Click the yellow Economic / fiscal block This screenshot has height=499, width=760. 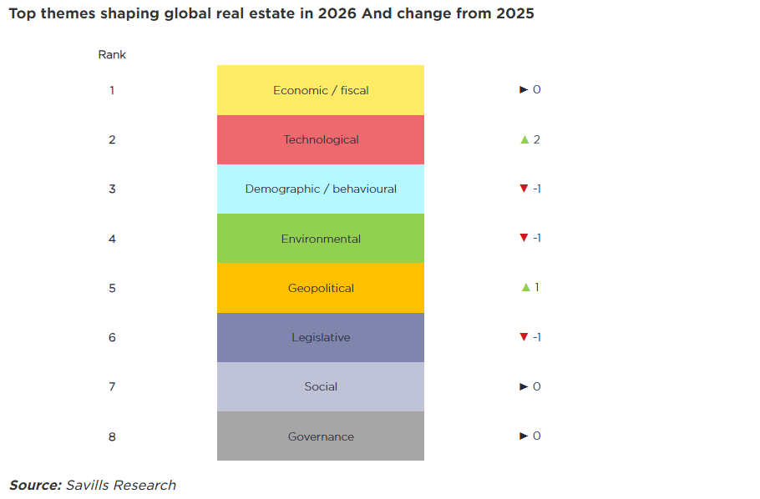tap(321, 90)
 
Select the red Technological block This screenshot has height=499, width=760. tap(321, 139)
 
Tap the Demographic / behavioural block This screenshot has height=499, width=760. tap(321, 189)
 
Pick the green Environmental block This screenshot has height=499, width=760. tap(321, 239)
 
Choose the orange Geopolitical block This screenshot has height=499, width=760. tap(321, 288)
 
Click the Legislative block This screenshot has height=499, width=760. tap(321, 337)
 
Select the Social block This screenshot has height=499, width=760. tap(321, 386)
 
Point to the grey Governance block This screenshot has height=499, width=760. tap(321, 436)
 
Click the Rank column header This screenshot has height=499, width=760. tap(112, 55)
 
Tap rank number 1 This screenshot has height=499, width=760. tap(112, 90)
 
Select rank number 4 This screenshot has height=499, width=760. tap(112, 239)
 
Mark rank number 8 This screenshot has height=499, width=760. tap(112, 436)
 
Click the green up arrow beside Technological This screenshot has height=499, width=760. tap(524, 139)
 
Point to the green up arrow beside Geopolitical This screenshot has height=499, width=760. tap(525, 287)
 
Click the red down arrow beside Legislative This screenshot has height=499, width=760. tap(524, 337)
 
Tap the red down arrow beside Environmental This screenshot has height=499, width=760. tap(524, 238)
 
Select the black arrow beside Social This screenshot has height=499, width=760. tap(524, 386)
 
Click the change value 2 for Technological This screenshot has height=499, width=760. tap(536, 139)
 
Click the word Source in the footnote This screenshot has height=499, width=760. tap(35, 485)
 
